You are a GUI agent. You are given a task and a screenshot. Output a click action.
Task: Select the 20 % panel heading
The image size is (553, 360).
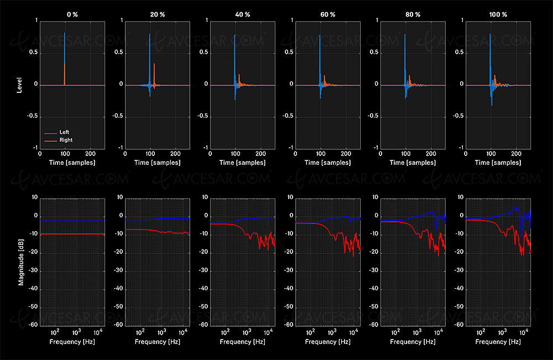click(157, 14)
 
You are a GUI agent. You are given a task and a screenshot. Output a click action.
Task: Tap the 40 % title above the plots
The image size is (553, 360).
click(242, 14)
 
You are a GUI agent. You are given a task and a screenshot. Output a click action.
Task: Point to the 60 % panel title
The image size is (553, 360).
click(327, 14)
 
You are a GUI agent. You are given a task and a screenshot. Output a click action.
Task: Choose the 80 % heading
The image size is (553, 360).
click(413, 14)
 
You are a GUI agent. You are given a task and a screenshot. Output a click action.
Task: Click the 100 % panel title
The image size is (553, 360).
click(498, 14)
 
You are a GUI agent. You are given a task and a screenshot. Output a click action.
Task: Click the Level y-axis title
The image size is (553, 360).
click(20, 85)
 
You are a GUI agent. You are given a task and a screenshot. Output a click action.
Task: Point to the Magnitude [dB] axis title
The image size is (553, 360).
click(20, 260)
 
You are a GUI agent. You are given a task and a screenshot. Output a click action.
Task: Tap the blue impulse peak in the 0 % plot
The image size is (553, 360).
click(65, 34)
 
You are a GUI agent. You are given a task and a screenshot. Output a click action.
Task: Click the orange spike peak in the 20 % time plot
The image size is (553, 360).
click(154, 65)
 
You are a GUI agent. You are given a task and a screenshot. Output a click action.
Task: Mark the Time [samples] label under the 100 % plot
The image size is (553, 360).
click(498, 163)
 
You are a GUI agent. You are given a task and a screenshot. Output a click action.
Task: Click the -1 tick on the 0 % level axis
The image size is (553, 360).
click(35, 148)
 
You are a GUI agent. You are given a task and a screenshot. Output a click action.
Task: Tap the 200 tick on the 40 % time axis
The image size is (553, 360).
click(260, 154)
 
